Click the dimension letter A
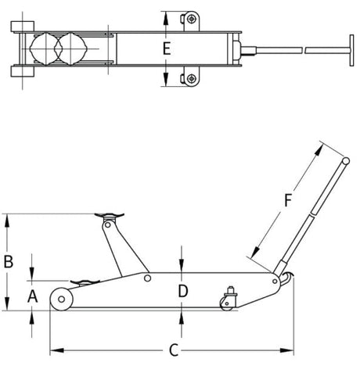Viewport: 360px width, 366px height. pos(32,296)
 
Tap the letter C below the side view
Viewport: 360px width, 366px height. pos(174,350)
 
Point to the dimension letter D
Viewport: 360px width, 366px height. pos(182,291)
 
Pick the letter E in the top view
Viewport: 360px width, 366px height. pos(166,48)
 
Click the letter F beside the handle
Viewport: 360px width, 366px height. pos(286,200)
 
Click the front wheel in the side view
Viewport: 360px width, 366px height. pos(59,299)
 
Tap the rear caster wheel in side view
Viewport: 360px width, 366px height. pos(231,298)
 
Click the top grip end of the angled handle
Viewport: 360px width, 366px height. pos(344,160)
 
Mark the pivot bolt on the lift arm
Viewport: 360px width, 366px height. pos(147,277)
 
